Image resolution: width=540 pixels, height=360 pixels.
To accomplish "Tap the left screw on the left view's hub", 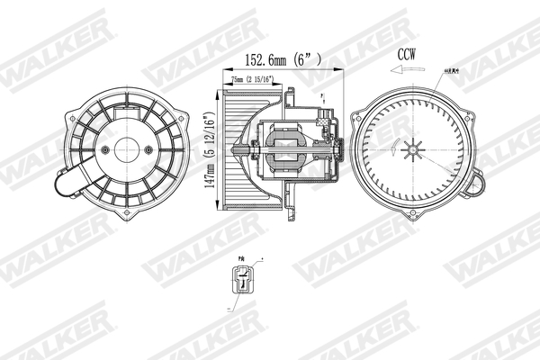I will point(105,150).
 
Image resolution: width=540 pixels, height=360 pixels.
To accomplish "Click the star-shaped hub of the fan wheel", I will point(412,150).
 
